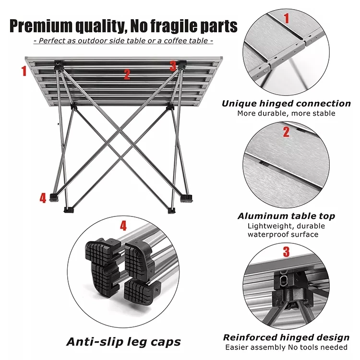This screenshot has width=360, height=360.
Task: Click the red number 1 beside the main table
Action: [x=24, y=71]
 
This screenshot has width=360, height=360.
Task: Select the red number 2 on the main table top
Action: [x=127, y=74]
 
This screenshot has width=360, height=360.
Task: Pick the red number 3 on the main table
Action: [x=173, y=66]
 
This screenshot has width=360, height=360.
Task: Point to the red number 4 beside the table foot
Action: [x=43, y=197]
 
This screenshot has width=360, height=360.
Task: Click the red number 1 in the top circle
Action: [x=287, y=19]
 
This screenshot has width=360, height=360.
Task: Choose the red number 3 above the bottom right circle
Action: [x=286, y=251]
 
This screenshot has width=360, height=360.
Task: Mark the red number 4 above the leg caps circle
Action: [x=123, y=225]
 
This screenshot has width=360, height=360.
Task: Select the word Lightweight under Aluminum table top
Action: [x=267, y=226]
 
